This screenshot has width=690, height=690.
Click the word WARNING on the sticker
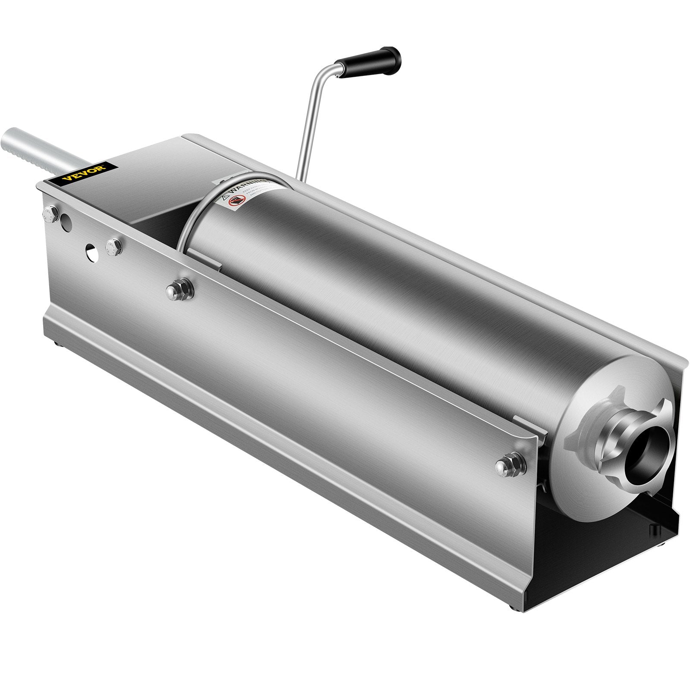tap(246, 186)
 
